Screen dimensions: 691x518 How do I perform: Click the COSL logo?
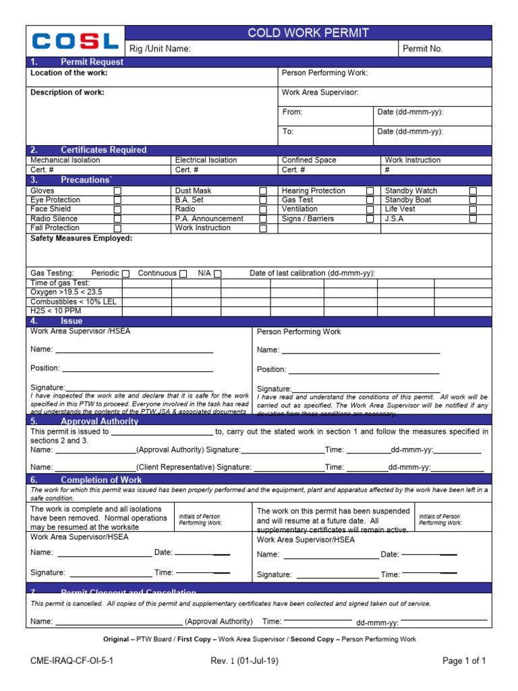coord(76,41)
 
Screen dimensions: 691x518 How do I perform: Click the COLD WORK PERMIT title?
coord(308,33)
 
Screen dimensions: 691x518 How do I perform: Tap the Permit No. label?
coord(423,49)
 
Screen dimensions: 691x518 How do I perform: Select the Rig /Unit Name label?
coord(161,49)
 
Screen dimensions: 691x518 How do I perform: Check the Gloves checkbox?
coord(118,191)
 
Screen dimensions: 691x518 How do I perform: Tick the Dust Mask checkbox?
coord(263,191)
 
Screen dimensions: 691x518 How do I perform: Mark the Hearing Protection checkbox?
coord(370,191)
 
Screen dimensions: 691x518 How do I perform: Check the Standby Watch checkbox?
coord(473,191)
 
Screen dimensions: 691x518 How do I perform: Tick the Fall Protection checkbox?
coord(118,229)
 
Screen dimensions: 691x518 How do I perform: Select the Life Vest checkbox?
coord(473,210)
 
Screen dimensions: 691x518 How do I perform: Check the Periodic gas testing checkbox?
coord(125,273)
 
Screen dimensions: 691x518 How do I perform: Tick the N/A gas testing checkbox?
coord(217,273)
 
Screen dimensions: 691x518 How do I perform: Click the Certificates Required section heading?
coord(103,150)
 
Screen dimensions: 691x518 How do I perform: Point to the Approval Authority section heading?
coord(99,421)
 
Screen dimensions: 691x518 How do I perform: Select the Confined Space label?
coord(309,160)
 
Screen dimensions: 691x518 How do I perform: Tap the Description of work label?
coord(67,92)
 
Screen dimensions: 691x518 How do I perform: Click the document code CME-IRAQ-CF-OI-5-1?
coord(72,661)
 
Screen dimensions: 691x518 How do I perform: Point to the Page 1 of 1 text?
coord(464,661)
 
